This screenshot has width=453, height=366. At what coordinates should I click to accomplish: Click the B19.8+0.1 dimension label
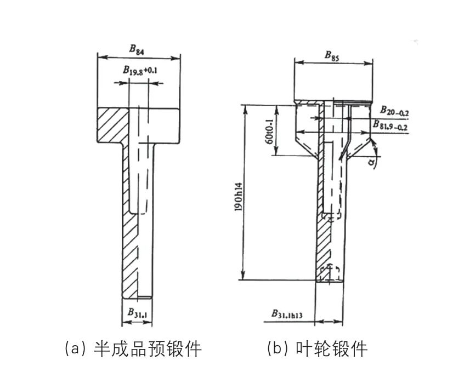point(139,70)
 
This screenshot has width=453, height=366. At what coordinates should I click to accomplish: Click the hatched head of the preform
point(112,125)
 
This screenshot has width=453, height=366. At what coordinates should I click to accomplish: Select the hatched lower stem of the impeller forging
point(323,241)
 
